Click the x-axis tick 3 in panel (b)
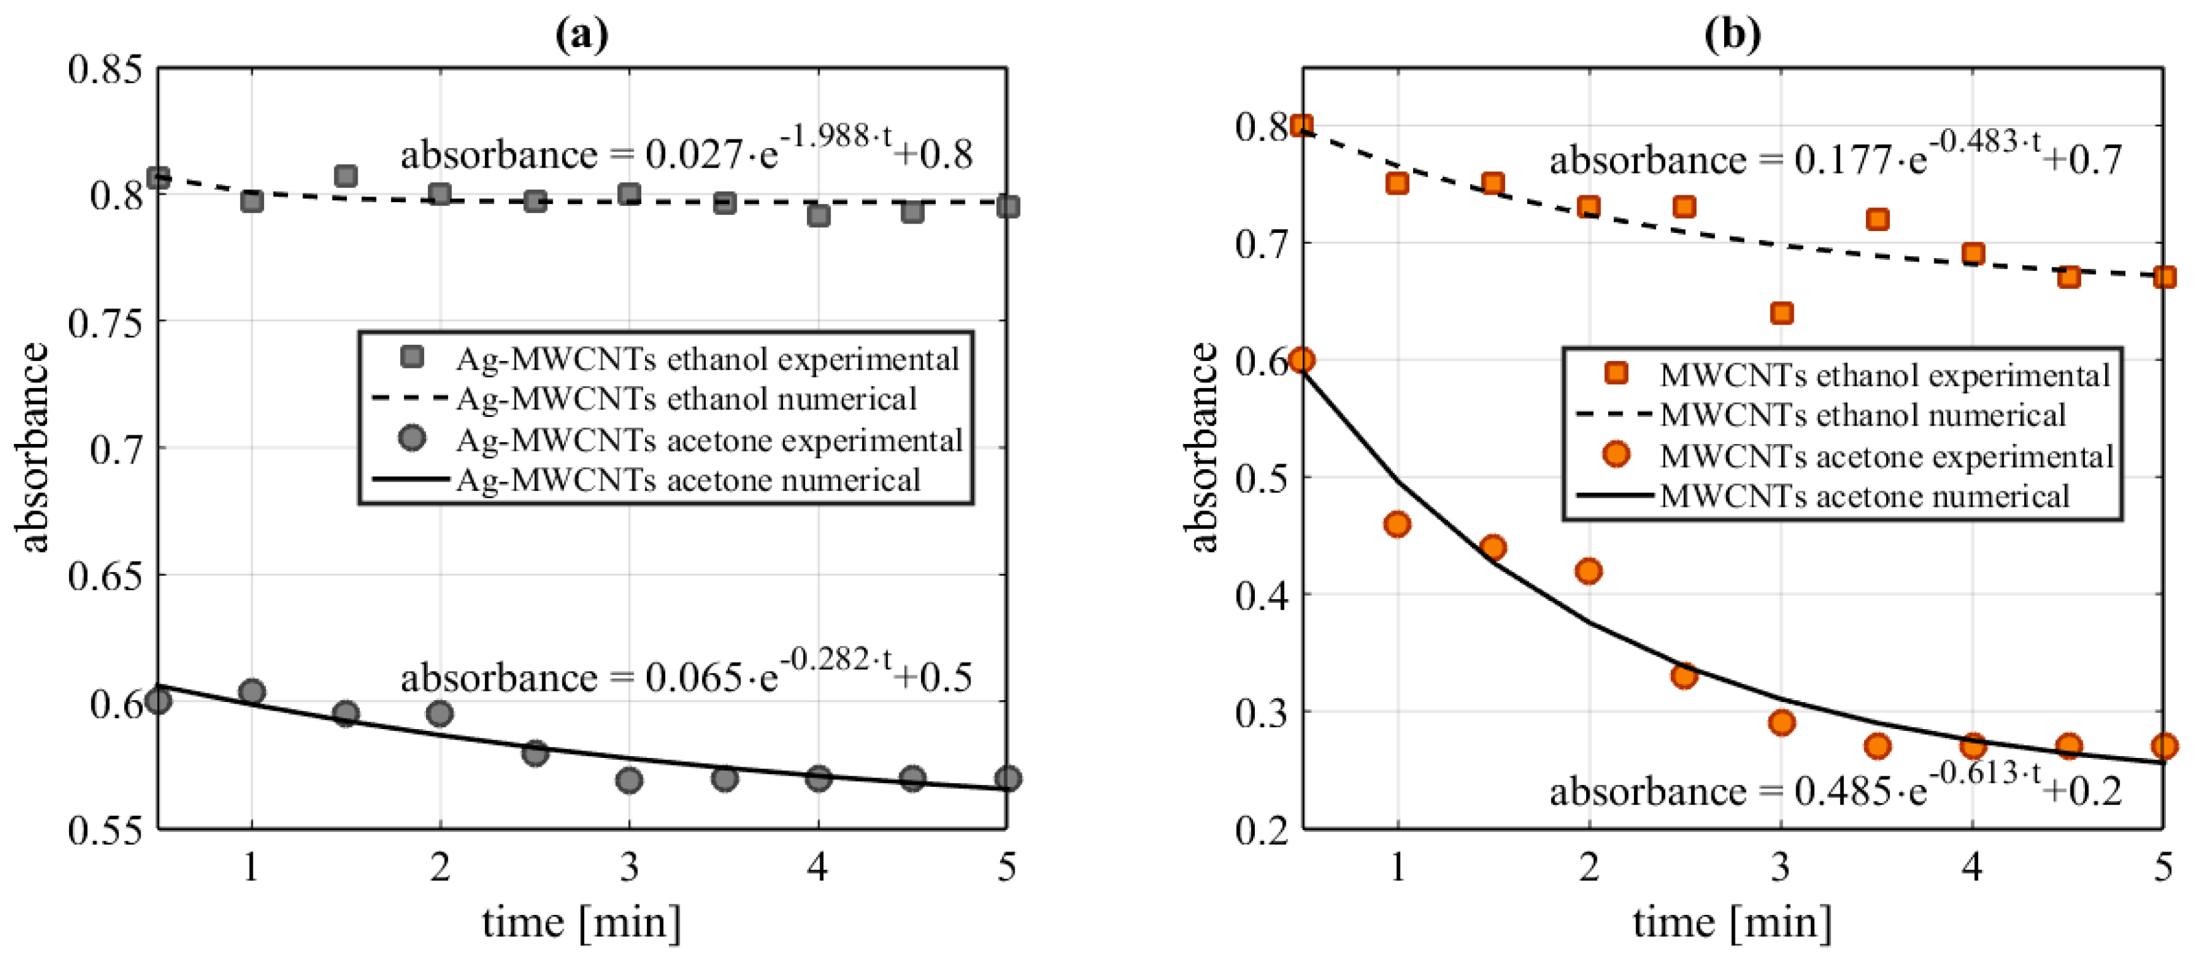[1780, 867]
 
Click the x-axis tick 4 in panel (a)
[818, 867]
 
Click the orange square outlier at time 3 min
[1781, 313]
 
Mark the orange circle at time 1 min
[1397, 524]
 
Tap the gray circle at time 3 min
[629, 779]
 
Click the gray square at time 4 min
[818, 215]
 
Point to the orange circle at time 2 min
[1588, 571]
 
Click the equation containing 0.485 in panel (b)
[1835, 790]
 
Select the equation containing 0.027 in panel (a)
[686, 153]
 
